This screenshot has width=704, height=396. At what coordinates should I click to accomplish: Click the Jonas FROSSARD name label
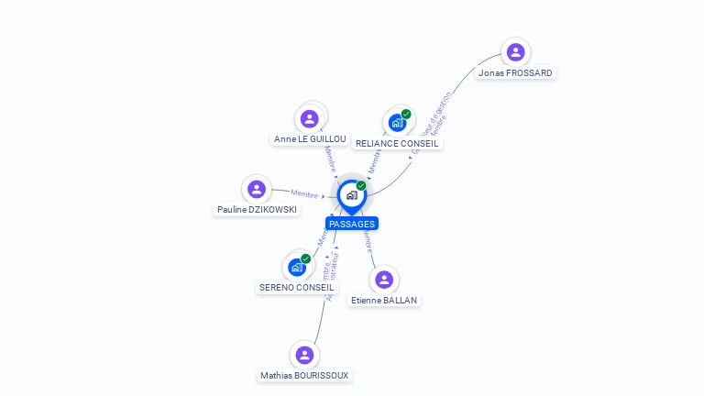pos(516,72)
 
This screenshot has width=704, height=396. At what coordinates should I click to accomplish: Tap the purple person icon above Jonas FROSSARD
pos(515,52)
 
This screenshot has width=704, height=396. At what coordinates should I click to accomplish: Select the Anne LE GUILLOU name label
pos(310,138)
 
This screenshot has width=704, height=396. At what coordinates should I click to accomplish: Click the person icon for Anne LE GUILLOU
pos(310,118)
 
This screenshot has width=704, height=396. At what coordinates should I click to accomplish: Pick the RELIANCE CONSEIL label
pos(398,143)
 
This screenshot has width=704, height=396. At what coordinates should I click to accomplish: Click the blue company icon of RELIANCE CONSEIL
pos(397,123)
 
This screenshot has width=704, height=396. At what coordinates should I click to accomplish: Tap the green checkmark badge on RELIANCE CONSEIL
pos(406,115)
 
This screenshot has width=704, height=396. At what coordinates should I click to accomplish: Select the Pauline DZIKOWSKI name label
pos(257,209)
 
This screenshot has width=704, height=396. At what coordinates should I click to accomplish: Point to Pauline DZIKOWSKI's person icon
pos(257,189)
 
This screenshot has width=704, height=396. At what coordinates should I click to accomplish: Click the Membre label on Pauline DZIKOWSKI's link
pos(304,193)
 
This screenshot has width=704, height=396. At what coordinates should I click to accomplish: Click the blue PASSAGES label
pos(352,224)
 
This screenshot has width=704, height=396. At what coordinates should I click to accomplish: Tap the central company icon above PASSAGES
pos(351,195)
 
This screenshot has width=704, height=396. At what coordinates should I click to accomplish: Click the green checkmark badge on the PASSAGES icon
pos(361,185)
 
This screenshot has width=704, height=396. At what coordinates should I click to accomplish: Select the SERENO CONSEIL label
pos(296,287)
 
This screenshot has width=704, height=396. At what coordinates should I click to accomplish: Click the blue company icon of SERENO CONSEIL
pos(296,268)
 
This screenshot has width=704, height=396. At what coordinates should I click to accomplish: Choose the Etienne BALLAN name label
pos(385,300)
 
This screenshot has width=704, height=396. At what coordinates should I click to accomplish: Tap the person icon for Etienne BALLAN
pos(384,280)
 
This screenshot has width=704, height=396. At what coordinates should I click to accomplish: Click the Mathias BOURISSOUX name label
pos(304,375)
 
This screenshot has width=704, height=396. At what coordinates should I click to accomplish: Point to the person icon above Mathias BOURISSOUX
pos(304,355)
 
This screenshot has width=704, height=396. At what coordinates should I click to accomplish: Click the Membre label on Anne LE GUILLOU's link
pos(330,157)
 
